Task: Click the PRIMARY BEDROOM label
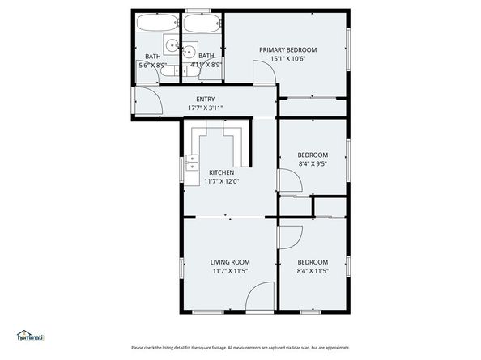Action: click(287, 49)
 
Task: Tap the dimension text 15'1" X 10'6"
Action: click(287, 58)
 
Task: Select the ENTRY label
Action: click(205, 100)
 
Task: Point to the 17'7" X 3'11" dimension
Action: click(205, 108)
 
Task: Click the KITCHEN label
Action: click(221, 172)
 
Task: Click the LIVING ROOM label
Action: click(230, 262)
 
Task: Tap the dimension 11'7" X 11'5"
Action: click(230, 271)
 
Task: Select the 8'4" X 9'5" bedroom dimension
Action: click(313, 163)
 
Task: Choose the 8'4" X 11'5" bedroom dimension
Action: click(313, 271)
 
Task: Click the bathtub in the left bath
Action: click(156, 23)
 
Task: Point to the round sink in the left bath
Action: click(172, 45)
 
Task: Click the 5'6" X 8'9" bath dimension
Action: click(152, 65)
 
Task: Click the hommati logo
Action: click(30, 335)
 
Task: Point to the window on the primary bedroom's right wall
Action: click(349, 49)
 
